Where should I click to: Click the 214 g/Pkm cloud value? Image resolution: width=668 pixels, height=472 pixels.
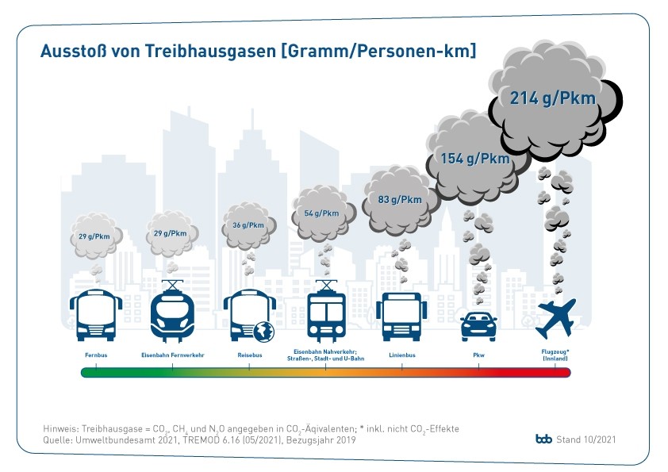click(x=552, y=99)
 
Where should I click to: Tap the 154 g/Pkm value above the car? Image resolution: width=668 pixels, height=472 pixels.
click(x=475, y=159)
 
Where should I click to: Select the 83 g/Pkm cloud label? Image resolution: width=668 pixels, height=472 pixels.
click(x=400, y=200)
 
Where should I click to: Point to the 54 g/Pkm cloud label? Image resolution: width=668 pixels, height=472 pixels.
click(x=321, y=213)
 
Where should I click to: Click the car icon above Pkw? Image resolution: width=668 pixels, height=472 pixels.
click(x=478, y=325)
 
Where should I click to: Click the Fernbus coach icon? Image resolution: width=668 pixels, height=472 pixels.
click(x=96, y=315)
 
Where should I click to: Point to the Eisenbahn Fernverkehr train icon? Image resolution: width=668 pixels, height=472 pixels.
click(x=172, y=313)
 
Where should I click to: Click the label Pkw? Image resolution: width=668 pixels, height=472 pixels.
click(x=478, y=355)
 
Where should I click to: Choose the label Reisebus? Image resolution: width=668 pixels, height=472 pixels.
click(x=249, y=355)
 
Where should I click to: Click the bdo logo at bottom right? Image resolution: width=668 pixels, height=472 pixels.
click(x=543, y=439)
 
